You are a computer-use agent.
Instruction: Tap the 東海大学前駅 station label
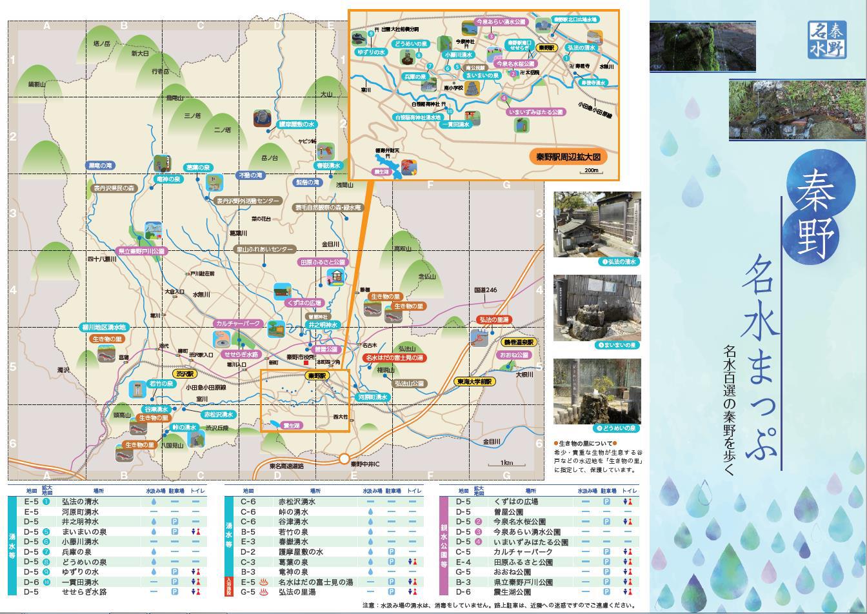point(475,381)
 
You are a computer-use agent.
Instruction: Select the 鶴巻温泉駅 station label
point(519,342)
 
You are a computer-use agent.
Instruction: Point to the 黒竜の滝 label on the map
point(100,166)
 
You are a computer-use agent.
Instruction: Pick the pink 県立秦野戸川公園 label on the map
point(142,251)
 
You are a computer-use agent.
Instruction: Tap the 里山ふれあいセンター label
point(265,249)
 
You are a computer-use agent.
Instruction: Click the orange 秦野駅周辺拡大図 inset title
point(568,157)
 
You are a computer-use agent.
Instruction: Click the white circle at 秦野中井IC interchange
point(344,459)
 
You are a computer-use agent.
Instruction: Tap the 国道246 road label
point(486,290)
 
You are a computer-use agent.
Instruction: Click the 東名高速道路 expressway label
point(286,466)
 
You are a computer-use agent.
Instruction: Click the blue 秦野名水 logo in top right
point(827,39)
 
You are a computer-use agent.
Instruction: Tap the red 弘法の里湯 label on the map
point(493,320)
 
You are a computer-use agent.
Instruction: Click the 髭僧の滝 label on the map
point(307,183)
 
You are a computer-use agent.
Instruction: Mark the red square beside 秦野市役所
point(306,362)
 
